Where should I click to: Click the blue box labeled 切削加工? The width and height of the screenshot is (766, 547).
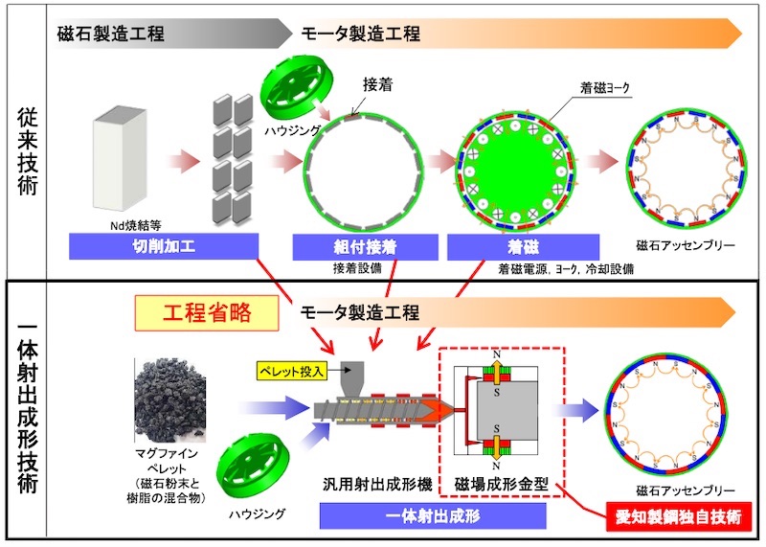pos(165,248)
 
